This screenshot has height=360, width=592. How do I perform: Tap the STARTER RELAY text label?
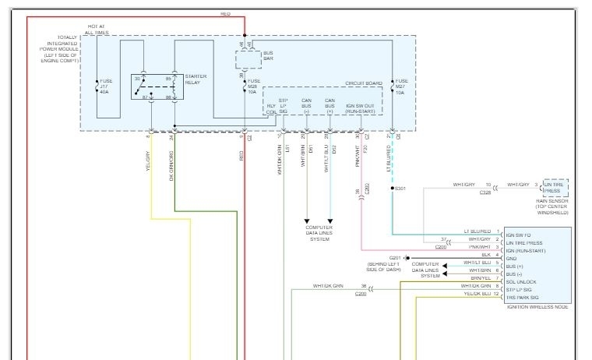(195, 79)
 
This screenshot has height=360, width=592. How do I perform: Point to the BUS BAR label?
(268, 55)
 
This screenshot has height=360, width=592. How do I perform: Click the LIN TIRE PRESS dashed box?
(555, 188)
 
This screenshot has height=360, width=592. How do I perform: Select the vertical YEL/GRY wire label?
(147, 162)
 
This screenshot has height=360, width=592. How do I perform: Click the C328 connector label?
(485, 191)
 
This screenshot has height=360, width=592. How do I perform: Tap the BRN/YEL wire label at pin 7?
(480, 278)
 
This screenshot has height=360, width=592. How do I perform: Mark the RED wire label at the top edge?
(225, 14)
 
